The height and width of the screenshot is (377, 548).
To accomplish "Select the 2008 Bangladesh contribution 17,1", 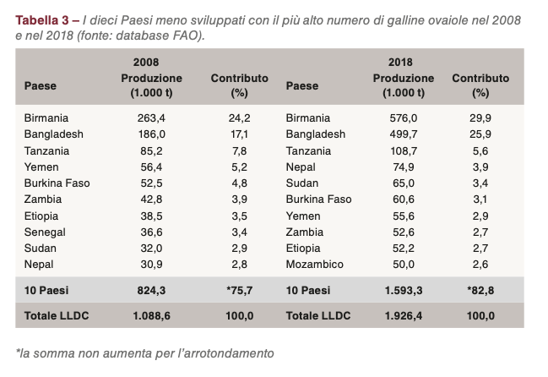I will pyautogui.click(x=239, y=134).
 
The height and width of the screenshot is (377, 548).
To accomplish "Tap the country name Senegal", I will pyautogui.click(x=46, y=232).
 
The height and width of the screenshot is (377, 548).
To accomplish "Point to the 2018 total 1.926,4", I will pyautogui.click(x=400, y=316).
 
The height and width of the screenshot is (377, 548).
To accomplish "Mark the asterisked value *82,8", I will pyautogui.click(x=480, y=291).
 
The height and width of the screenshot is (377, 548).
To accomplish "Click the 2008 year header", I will pyautogui.click(x=146, y=62).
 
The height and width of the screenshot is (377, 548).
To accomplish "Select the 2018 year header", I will pyautogui.click(x=400, y=62).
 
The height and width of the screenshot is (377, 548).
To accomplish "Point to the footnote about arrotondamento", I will pyautogui.click(x=145, y=352).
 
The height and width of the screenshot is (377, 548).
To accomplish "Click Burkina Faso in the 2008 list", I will pyautogui.click(x=57, y=183).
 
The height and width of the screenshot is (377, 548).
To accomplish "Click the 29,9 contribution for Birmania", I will pyautogui.click(x=480, y=118).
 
